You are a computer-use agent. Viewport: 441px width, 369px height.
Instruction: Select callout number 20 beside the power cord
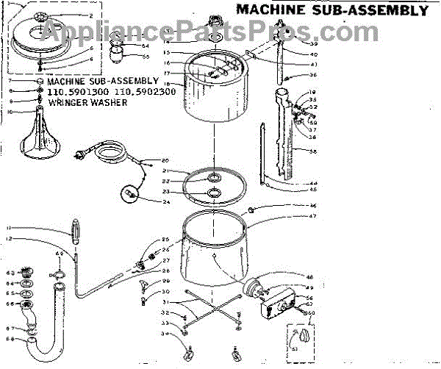coord(165,160)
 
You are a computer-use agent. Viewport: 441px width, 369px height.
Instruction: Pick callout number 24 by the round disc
coord(165,201)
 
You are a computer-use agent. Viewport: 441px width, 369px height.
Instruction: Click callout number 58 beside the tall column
coord(313,151)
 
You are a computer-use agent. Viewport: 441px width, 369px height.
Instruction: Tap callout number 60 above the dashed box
coord(312,312)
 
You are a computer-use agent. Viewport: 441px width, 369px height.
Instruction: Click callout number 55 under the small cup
coord(145,57)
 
